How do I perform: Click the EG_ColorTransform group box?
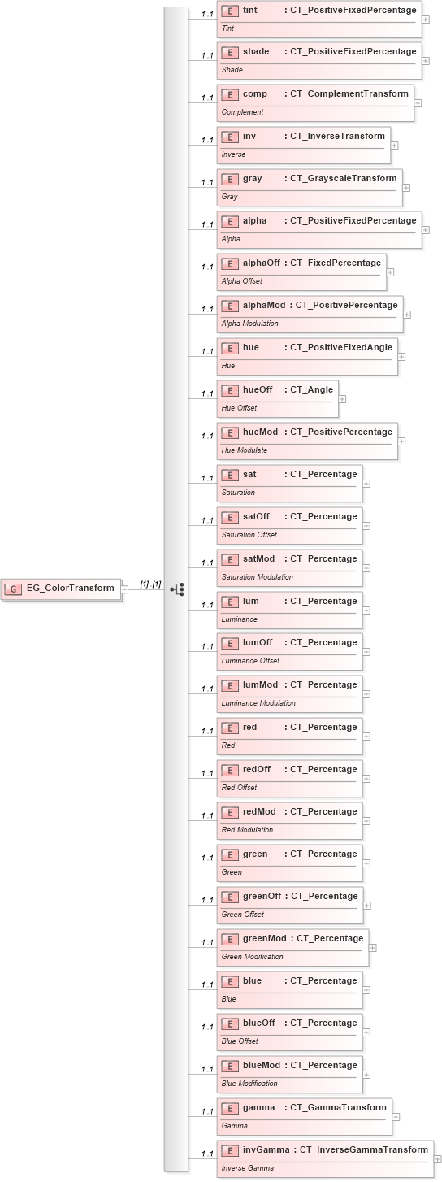(63, 589)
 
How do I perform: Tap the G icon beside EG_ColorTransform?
(15, 589)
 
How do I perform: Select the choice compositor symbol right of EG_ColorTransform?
(177, 589)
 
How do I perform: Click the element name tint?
(250, 10)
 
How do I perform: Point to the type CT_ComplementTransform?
(349, 94)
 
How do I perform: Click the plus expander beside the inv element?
(394, 146)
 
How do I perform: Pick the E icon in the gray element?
(230, 179)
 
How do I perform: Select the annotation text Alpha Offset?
(240, 281)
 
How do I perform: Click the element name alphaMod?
(264, 305)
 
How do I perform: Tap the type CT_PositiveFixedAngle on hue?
(341, 347)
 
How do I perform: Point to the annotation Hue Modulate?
(245, 450)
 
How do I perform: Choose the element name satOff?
(256, 516)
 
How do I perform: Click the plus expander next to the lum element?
(366, 611)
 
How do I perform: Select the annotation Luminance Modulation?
(258, 703)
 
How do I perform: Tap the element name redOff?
(257, 769)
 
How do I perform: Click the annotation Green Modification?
(253, 957)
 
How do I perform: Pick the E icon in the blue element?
(230, 981)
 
